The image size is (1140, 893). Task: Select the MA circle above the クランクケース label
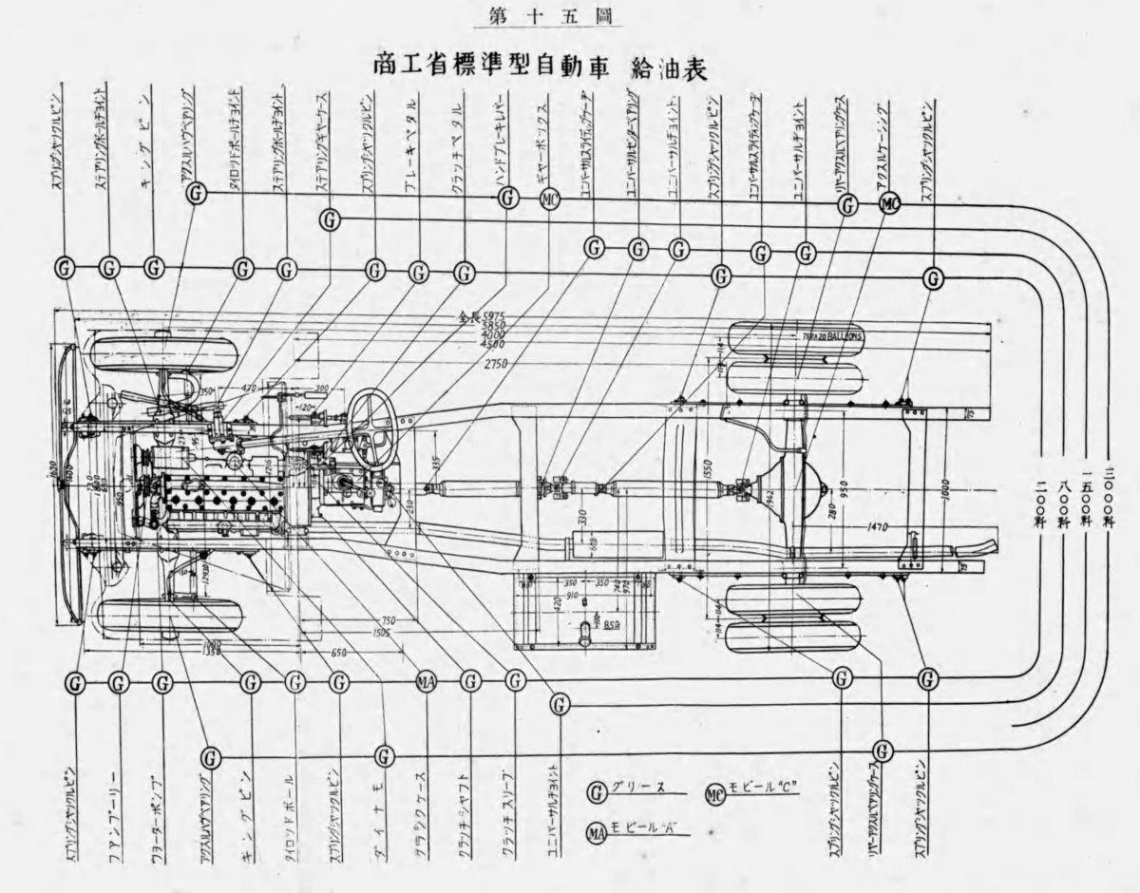[427, 681]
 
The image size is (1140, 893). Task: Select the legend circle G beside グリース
[598, 790]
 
